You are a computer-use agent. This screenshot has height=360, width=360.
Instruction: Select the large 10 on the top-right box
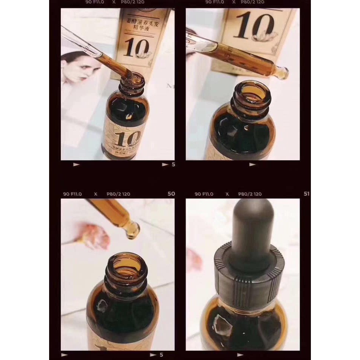(x=250, y=27)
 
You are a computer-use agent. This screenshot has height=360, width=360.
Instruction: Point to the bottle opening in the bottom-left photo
(x=124, y=264)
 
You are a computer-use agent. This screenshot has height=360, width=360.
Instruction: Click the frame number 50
(x=171, y=194)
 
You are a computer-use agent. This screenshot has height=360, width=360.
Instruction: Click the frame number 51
(x=307, y=194)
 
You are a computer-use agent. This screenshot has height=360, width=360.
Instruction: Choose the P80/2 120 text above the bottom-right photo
(x=250, y=194)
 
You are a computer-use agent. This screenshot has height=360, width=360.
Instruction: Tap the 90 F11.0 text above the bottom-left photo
(x=72, y=194)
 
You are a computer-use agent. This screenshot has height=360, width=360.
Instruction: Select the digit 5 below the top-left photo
(x=173, y=164)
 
